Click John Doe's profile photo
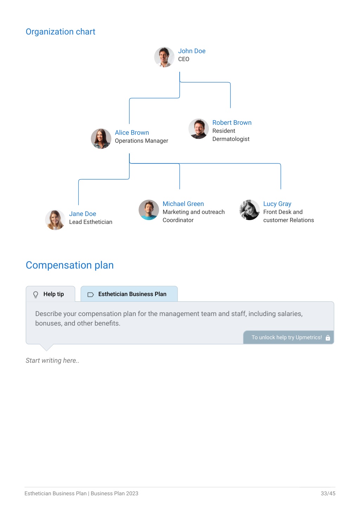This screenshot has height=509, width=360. [164, 57]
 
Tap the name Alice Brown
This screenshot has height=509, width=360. [132, 133]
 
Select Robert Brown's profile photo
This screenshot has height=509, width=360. [198, 129]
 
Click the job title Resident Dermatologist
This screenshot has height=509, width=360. [231, 135]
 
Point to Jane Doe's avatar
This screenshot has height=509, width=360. [55, 220]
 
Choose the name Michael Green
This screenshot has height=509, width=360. [183, 204]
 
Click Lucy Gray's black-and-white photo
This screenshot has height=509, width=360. [249, 210]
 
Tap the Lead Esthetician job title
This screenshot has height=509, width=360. [91, 222]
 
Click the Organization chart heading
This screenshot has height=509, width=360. [60, 32]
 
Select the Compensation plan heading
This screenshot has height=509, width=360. [70, 265]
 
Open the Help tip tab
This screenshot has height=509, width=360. [51, 294]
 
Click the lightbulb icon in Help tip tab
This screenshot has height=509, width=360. [36, 295]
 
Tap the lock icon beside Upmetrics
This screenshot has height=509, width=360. [328, 338]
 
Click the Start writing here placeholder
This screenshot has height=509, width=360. [52, 360]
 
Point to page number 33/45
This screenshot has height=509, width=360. [328, 493]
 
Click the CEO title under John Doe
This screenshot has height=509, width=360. [184, 59]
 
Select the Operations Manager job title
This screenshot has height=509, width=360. [141, 141]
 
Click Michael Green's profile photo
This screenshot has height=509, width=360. [149, 210]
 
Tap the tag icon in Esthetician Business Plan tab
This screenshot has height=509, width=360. [91, 295]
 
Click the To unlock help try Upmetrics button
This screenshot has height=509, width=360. [288, 337]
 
